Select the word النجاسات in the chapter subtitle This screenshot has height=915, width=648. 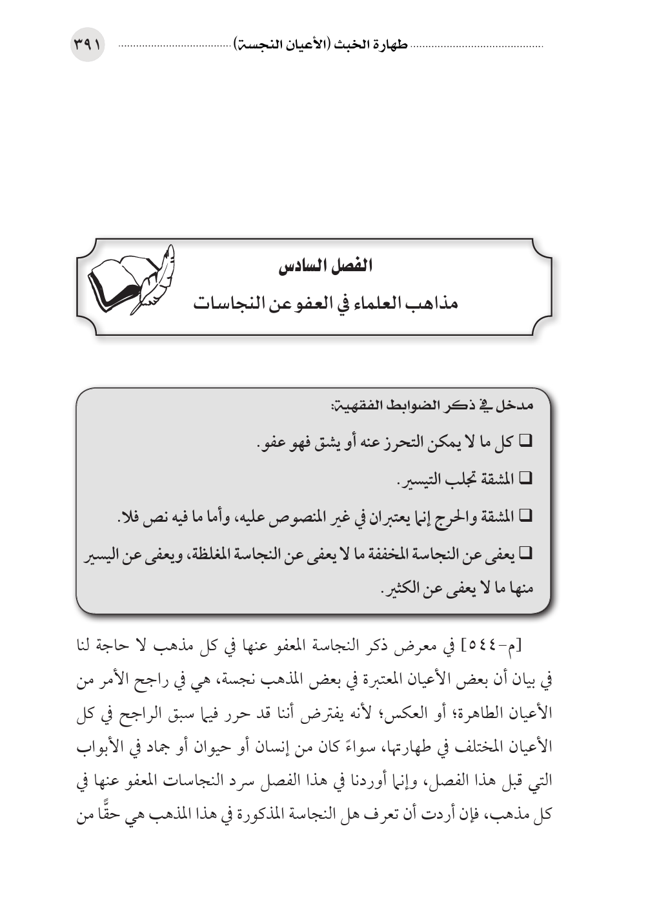tap(226, 302)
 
